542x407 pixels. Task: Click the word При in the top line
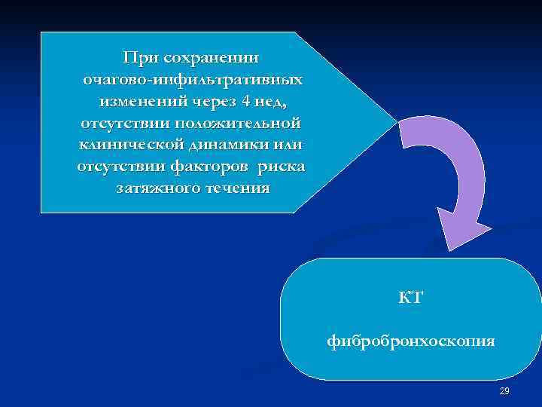click(141, 57)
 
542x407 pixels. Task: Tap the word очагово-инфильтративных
click(193, 79)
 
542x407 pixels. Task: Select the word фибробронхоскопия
click(411, 341)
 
